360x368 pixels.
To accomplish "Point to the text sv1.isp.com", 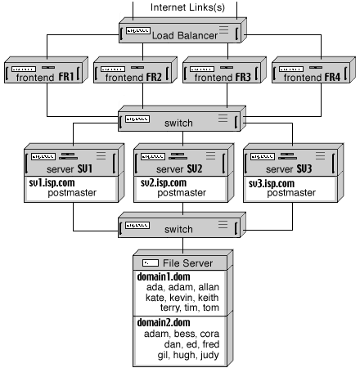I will coord(52,184).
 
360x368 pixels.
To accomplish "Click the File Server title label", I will coord(188,263).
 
